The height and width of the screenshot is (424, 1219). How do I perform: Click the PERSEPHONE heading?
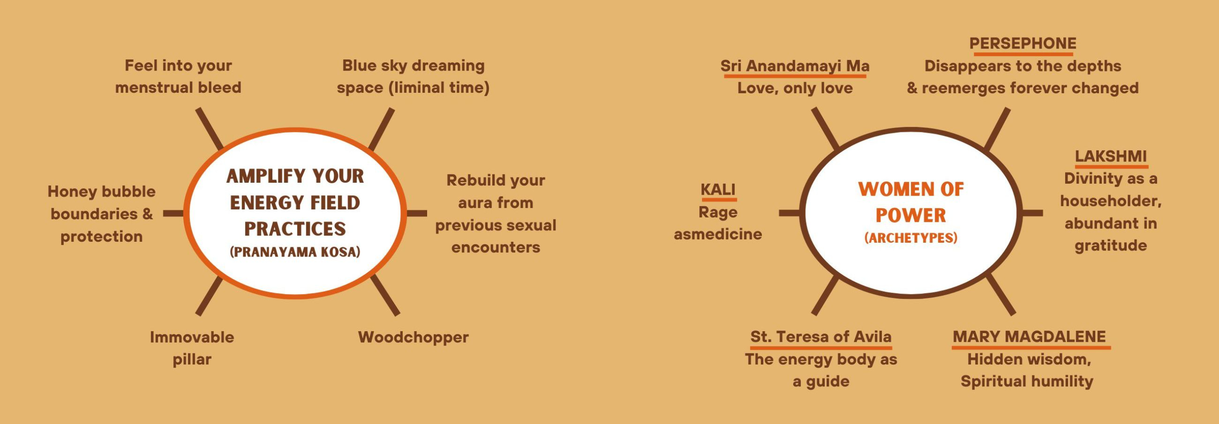pos(1023,43)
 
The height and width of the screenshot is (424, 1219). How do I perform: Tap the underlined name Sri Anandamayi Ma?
pos(795,66)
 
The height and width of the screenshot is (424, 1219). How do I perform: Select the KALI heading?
pos(718,189)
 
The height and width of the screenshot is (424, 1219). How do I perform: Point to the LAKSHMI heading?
pos(1111,156)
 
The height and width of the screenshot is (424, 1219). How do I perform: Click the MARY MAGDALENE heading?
pos(1029,336)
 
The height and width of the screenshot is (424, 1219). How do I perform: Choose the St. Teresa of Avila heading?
pos(820,336)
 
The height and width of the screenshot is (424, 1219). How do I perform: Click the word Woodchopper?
pos(413,337)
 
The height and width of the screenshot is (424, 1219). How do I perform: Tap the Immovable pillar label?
pos(192,348)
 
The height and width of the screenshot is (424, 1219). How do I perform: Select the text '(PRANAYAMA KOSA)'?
pos(295,252)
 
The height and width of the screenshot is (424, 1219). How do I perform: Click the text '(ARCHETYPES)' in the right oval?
pos(910,237)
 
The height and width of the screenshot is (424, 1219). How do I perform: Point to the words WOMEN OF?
pos(910,189)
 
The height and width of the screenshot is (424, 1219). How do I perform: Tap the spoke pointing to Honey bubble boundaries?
pos(173,213)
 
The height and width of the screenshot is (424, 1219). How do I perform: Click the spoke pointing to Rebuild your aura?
pos(417,213)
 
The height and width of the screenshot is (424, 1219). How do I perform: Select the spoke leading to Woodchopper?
pos(385,295)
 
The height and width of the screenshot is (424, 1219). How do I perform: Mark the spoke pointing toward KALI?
pos(789,213)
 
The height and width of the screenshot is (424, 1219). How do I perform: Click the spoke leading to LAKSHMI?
pos(1032,213)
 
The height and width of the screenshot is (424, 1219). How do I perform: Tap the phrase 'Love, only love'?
pos(795,88)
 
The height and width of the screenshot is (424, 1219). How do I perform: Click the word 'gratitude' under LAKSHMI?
pos(1110,246)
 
